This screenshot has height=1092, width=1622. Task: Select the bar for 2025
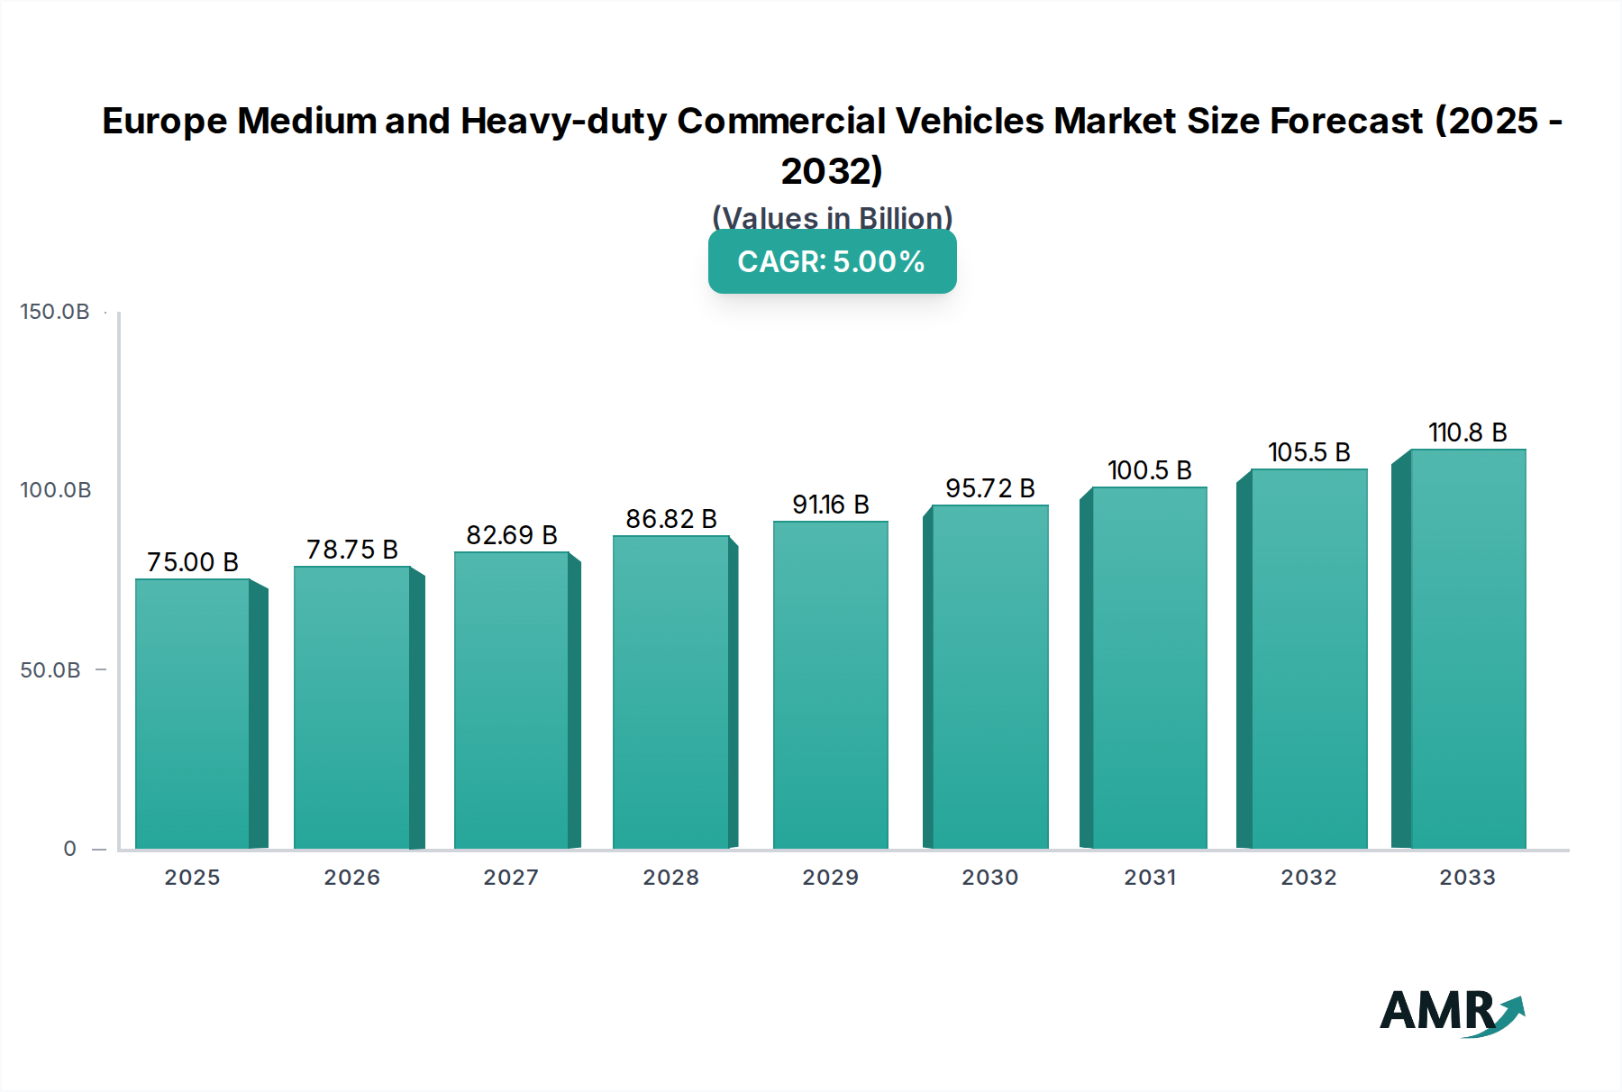(x=193, y=714)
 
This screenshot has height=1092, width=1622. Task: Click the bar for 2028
(x=670, y=692)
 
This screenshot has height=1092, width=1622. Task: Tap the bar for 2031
(x=1149, y=668)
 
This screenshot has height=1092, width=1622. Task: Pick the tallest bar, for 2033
(x=1467, y=649)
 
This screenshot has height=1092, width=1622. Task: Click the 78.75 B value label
(x=352, y=550)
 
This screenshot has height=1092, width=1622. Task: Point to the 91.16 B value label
(x=830, y=505)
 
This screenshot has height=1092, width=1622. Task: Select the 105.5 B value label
(x=1308, y=452)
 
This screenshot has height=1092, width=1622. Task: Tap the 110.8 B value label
(x=1467, y=432)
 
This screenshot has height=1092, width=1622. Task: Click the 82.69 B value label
(x=511, y=535)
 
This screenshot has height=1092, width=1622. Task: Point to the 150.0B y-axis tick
(x=55, y=312)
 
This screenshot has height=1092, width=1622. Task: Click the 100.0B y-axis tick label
(x=55, y=490)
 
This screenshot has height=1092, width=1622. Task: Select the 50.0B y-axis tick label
(x=50, y=670)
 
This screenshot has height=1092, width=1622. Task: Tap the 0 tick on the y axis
(x=69, y=849)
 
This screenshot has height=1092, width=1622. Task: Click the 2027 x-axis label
(x=511, y=878)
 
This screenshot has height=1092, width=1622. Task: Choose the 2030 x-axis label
(x=989, y=878)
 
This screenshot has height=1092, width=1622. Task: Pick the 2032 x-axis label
(x=1308, y=878)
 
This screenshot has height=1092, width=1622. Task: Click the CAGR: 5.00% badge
(x=832, y=261)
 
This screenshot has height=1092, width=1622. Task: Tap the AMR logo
(x=1451, y=1012)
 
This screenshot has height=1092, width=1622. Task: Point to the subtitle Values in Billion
(x=832, y=218)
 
